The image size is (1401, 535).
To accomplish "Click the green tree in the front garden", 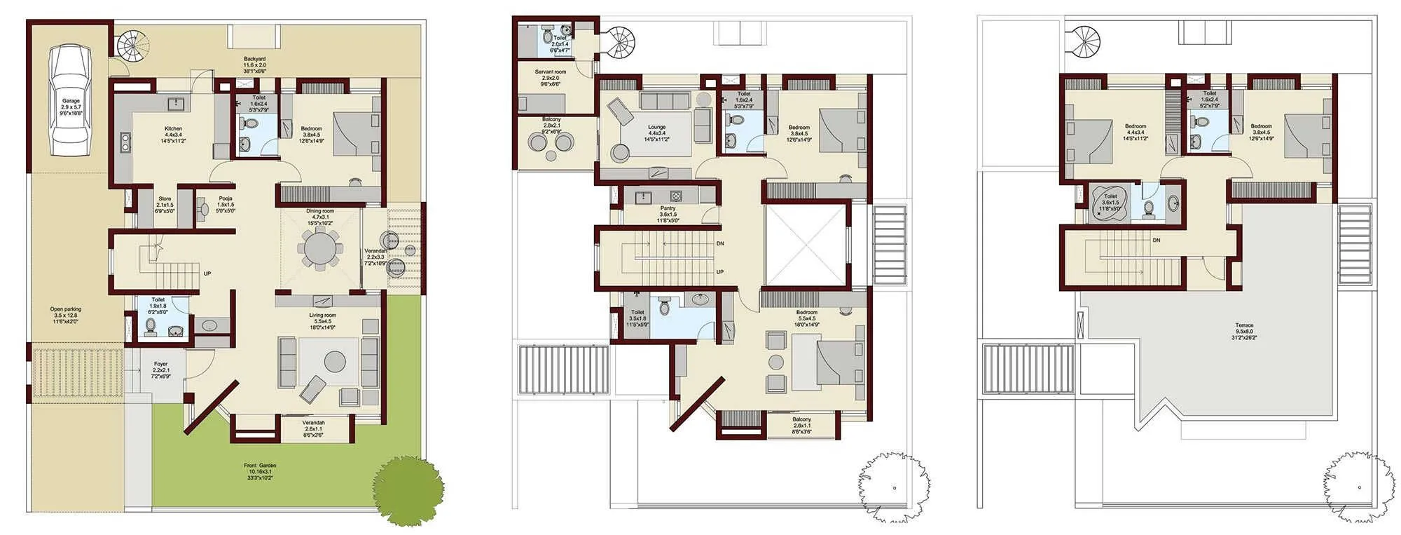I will pyautogui.click(x=407, y=490).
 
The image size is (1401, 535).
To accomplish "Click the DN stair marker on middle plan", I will pyautogui.click(x=720, y=243).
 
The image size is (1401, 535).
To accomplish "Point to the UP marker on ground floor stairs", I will pyautogui.click(x=207, y=273).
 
